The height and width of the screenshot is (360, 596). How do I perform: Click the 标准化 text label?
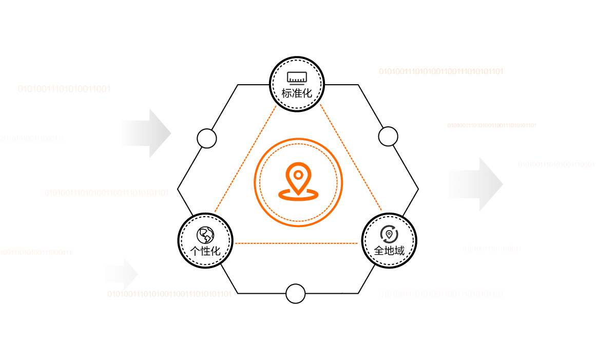pyautogui.click(x=297, y=94)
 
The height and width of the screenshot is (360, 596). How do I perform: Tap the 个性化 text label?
pyautogui.click(x=205, y=251)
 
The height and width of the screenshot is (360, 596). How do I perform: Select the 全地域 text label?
pyautogui.click(x=389, y=251)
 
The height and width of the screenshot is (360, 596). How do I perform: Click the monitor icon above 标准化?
pyautogui.click(x=297, y=78)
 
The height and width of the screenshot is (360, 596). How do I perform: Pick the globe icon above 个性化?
pyautogui.click(x=205, y=235)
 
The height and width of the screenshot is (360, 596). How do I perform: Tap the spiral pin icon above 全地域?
pyautogui.click(x=389, y=234)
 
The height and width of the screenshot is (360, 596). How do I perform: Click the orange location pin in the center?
pyautogui.click(x=298, y=176)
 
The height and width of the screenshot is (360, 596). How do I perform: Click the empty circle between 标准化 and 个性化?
pyautogui.click(x=206, y=138)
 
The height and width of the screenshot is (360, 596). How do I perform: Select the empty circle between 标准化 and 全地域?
pyautogui.click(x=388, y=137)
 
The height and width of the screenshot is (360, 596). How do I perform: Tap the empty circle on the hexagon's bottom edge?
pyautogui.click(x=295, y=293)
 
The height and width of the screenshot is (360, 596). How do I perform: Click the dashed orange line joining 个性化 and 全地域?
pyautogui.click(x=298, y=242)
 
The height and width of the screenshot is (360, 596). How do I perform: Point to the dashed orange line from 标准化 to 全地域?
pyautogui.click(x=350, y=157)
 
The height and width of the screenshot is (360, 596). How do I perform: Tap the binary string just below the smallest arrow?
pyautogui.click(x=169, y=294)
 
